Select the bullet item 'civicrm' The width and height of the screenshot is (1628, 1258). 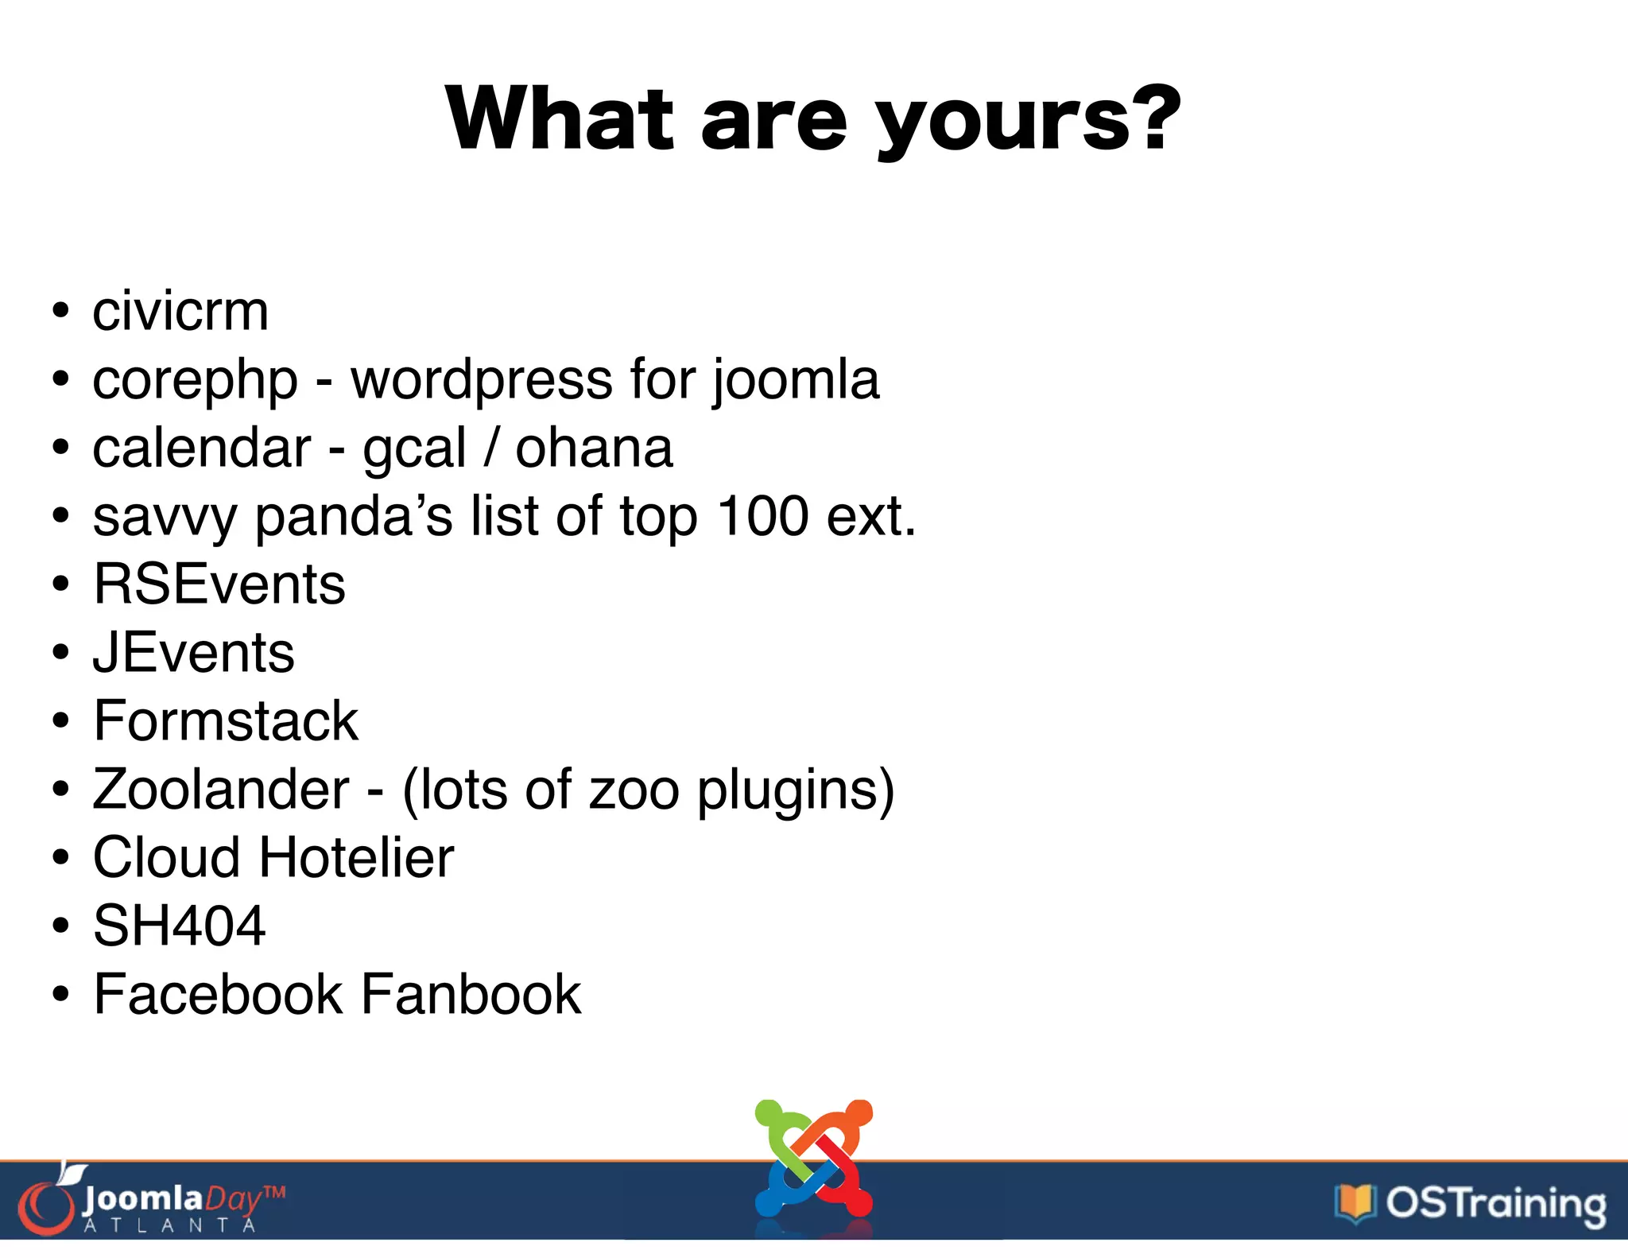click(180, 311)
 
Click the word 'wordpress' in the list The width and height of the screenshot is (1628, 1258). click(482, 379)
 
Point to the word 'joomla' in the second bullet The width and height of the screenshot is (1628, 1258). click(796, 379)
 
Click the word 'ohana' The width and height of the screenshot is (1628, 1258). click(594, 448)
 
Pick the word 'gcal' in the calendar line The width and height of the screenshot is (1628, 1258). click(413, 449)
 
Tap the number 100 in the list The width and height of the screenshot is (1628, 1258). click(762, 516)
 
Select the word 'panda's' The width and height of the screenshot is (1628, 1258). click(353, 518)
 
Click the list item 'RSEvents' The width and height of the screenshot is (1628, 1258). click(219, 584)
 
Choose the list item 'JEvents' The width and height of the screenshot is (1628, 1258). click(194, 653)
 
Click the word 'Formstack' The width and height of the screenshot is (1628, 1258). click(226, 721)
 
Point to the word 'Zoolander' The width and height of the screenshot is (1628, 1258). click(221, 790)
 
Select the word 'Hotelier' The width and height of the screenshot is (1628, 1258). click(356, 858)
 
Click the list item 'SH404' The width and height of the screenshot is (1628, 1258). click(179, 926)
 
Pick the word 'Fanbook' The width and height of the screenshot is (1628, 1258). click(471, 995)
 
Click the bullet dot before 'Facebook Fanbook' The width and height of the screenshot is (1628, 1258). click(61, 995)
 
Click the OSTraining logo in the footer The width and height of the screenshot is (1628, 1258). click(1471, 1203)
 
